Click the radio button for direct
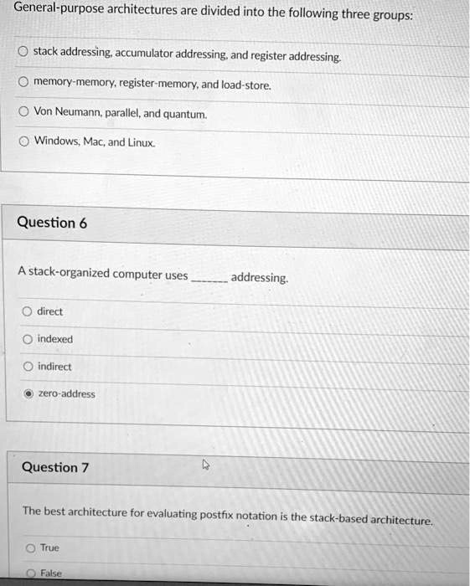28,311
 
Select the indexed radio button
28,339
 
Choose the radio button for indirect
28,367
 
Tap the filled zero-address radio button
28,393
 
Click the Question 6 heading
52,223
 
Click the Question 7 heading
55,467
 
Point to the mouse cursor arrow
205,464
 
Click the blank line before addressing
209,280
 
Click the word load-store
247,85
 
